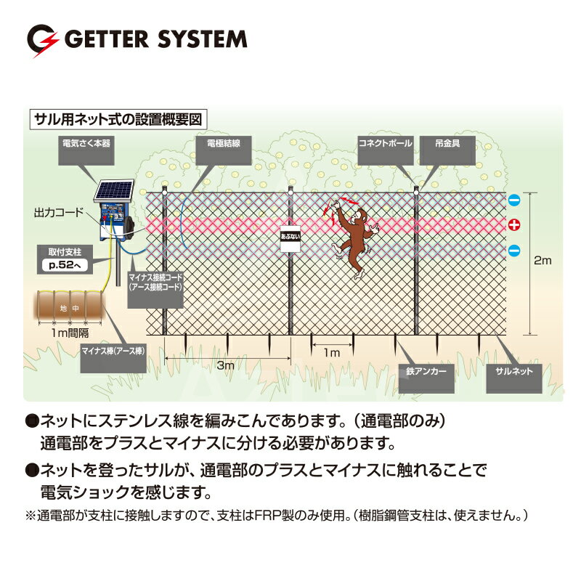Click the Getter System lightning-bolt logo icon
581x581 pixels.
click(x=43, y=40)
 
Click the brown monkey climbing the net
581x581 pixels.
click(x=353, y=238)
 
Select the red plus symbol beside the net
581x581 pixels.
click(x=514, y=224)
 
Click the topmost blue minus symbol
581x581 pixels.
click(x=514, y=200)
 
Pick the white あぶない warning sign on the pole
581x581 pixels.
click(x=290, y=239)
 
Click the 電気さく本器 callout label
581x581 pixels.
click(x=86, y=150)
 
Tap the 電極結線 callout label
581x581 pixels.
click(x=224, y=150)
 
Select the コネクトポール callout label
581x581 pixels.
click(x=386, y=150)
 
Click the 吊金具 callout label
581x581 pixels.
click(x=447, y=150)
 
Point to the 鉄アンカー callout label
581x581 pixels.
click(x=426, y=378)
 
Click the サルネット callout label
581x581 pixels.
click(x=514, y=378)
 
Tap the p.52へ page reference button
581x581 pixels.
click(x=65, y=265)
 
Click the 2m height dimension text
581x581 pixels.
click(x=543, y=261)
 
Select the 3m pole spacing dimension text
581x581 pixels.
click(x=226, y=365)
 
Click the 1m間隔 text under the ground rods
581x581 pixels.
click(x=70, y=333)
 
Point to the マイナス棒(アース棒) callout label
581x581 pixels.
click(x=113, y=358)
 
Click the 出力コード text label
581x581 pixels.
click(x=59, y=212)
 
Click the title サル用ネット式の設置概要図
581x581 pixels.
click(x=118, y=119)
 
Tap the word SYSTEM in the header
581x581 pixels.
click(x=203, y=39)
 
